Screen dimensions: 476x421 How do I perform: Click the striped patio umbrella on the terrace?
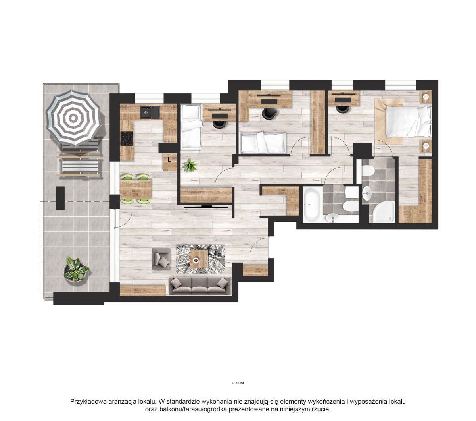[x=73, y=118]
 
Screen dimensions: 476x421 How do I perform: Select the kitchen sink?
[x=150, y=112]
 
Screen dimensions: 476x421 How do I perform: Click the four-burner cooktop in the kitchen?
[x=127, y=138]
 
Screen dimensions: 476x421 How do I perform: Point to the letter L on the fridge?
[x=169, y=160]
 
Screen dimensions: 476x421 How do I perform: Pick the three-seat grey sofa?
[x=200, y=286]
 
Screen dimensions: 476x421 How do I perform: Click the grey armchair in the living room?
[x=161, y=259]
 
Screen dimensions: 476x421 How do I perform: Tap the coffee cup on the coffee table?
[x=196, y=260]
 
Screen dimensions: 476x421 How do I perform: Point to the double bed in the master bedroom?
[x=403, y=121]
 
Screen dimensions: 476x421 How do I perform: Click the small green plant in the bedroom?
[x=190, y=165]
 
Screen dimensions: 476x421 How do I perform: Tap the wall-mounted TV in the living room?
[x=206, y=207]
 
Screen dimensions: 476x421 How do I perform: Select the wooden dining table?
[x=136, y=189]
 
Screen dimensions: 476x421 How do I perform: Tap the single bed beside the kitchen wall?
[x=191, y=126]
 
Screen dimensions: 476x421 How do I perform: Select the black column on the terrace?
[x=60, y=198]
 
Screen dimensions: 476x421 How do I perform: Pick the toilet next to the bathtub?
[x=350, y=207]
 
